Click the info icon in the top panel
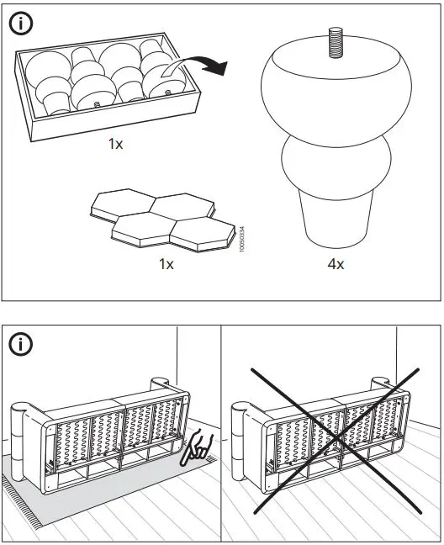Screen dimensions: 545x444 [21, 25]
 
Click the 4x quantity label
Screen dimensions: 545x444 [335, 264]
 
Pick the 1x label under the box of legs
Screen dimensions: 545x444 [115, 144]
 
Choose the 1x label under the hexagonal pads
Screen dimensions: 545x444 [166, 264]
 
